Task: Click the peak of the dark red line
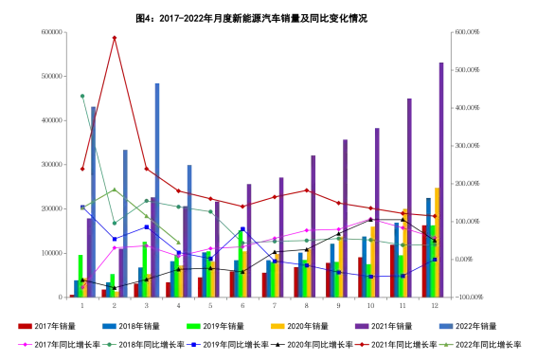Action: [116, 35]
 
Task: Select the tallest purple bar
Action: [439, 180]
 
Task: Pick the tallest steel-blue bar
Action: [158, 190]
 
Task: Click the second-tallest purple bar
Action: [408, 194]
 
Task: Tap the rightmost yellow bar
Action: [436, 243]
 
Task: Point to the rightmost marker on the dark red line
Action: [434, 216]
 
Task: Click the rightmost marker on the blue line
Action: [434, 259]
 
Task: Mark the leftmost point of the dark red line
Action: [82, 171]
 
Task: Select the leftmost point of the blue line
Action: [82, 207]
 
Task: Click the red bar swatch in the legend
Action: [25, 326]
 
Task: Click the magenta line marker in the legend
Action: [25, 344]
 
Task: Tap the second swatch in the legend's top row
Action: [109, 326]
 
